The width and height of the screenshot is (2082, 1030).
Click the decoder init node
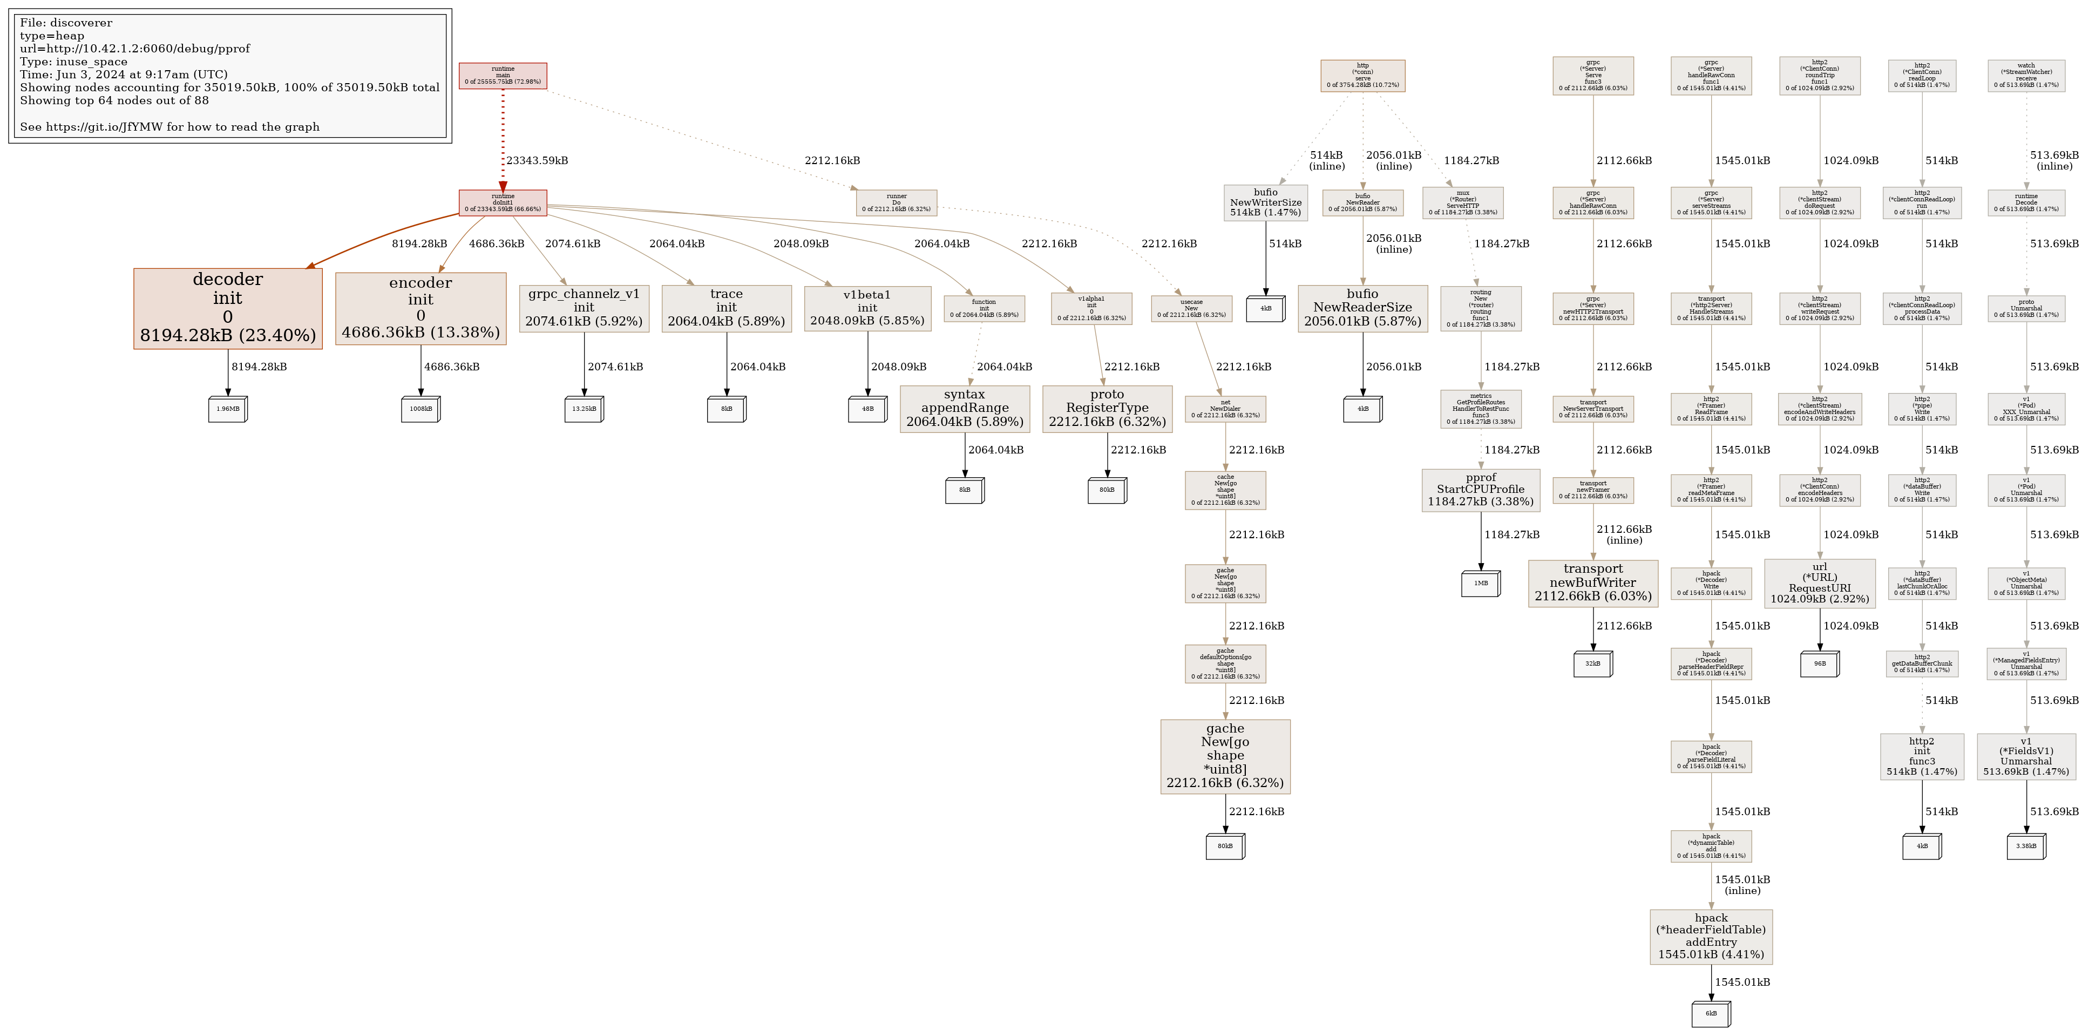coord(228,308)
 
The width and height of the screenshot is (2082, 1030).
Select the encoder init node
coord(421,308)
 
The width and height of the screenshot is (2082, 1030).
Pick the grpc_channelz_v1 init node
coord(584,308)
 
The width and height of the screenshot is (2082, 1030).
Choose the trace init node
coord(726,308)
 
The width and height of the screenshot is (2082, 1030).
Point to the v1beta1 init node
coord(867,308)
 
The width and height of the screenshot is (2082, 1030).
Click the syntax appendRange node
coord(964,408)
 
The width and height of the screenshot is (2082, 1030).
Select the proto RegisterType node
coord(1107,408)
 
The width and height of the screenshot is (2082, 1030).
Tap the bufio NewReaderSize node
coord(1362,308)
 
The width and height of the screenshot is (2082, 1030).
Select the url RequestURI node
coord(1819,583)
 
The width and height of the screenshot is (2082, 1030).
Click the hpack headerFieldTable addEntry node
coord(1711,936)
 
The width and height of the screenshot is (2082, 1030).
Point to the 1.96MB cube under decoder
coord(228,409)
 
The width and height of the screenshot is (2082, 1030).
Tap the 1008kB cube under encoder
coord(421,409)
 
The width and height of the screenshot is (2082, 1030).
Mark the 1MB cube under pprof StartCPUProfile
coord(1481,584)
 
